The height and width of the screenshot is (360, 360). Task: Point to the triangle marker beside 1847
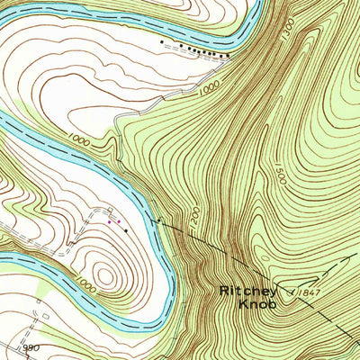point(292,292)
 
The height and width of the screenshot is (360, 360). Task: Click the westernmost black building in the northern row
point(162,41)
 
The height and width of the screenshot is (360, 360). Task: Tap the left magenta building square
point(110,220)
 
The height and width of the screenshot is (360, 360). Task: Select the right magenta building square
point(117,221)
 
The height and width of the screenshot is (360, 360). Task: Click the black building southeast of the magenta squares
point(126,230)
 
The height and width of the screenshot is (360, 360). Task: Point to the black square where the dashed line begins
point(158,219)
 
